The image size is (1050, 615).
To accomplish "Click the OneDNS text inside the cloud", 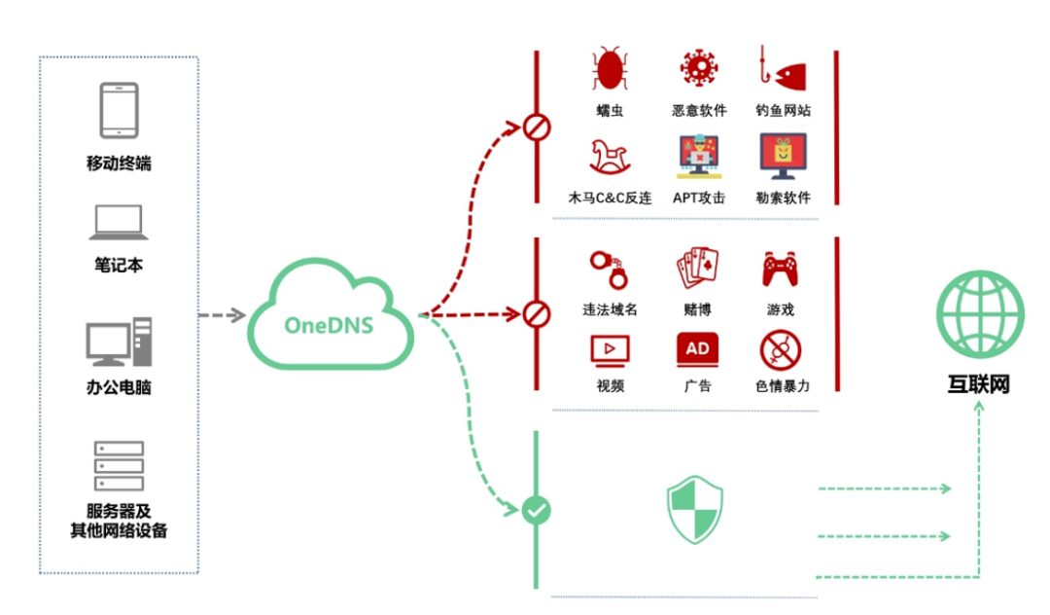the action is coord(329,325).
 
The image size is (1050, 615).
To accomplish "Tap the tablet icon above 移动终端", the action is coord(120,111).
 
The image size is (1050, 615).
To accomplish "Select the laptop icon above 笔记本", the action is coord(119,223).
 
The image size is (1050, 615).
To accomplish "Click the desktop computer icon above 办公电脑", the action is coord(120,342).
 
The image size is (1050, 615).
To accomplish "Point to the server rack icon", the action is coord(120,465).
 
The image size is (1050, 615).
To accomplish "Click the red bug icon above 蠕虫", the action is coord(610,68).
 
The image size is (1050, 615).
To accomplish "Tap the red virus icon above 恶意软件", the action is coord(698,68).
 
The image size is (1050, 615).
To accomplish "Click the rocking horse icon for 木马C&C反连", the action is coord(609,157).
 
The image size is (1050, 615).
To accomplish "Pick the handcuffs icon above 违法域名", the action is coord(609,270).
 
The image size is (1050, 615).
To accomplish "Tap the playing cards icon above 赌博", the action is coord(698,268).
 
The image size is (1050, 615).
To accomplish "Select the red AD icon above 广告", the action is coord(698,349).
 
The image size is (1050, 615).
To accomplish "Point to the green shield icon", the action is coord(695,510).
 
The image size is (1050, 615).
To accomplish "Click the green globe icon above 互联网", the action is coord(980,313).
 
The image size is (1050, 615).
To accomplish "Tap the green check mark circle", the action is coord(536,511).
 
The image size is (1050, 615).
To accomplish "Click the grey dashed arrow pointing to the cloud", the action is coord(223,315).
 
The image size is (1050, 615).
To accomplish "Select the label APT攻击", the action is coord(698,198).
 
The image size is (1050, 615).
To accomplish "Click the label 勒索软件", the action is coord(783,198).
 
